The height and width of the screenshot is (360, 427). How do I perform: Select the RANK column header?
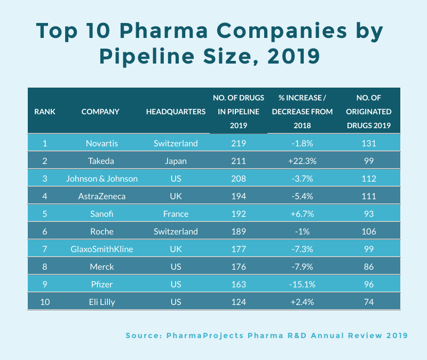pyautogui.click(x=45, y=112)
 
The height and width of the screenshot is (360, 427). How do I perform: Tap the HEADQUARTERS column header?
pyautogui.click(x=176, y=112)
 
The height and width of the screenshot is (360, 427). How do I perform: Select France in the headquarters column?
pyautogui.click(x=176, y=214)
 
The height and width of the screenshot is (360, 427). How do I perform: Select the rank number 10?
pyautogui.click(x=45, y=302)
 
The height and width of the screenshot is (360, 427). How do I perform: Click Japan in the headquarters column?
pyautogui.click(x=176, y=161)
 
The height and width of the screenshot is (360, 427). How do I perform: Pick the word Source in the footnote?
pyautogui.click(x=143, y=335)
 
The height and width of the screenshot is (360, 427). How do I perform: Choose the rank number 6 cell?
pyautogui.click(x=45, y=231)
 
